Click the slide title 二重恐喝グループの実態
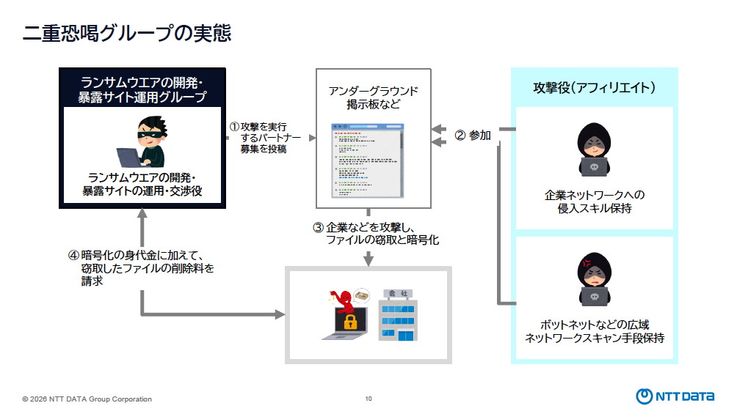pyautogui.click(x=126, y=34)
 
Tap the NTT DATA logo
pyautogui.click(x=675, y=396)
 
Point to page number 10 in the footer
pyautogui.click(x=368, y=399)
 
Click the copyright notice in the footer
pyautogui.click(x=87, y=399)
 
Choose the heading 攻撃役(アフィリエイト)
pyautogui.click(x=594, y=88)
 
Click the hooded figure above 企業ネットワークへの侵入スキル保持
pyautogui.click(x=594, y=150)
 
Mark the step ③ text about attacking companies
pyautogui.click(x=374, y=234)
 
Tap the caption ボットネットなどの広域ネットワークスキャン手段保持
pyautogui.click(x=594, y=331)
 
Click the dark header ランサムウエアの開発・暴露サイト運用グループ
pyautogui.click(x=142, y=89)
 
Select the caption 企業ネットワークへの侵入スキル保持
pyautogui.click(x=594, y=202)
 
